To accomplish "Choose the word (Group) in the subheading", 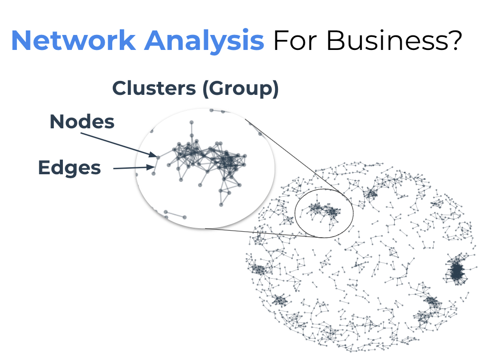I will (x=240, y=89).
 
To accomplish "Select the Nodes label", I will (x=82, y=122).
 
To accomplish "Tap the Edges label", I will (x=69, y=168).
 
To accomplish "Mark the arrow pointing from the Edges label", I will (x=132, y=168).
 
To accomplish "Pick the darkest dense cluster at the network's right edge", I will (x=456, y=271).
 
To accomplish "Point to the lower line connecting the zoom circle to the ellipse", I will (x=259, y=233).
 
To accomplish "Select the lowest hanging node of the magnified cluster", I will (x=221, y=204).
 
